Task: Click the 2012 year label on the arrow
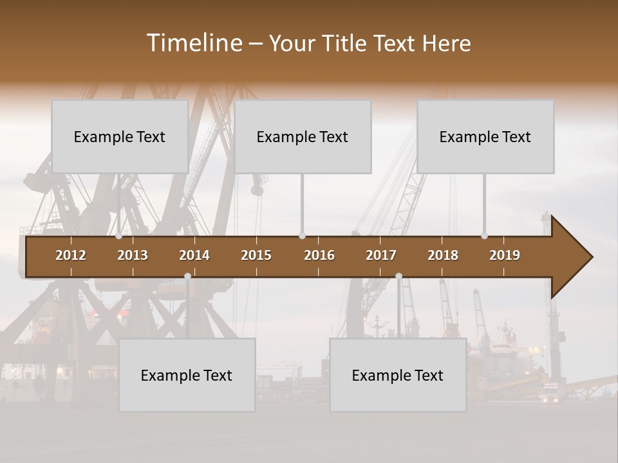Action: pos(71,255)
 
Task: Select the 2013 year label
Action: pos(133,255)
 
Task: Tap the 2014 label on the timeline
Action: pos(194,255)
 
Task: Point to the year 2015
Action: pos(256,255)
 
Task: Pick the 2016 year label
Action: pos(319,255)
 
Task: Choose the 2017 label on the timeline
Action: pos(381,255)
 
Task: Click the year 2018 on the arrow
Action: pos(443,255)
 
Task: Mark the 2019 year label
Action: pos(505,255)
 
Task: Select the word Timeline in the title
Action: pos(194,43)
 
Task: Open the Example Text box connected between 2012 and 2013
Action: pos(120,136)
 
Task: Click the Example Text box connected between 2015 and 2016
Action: pos(303,136)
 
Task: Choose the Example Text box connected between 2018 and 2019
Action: pos(485,136)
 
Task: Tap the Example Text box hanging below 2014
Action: pos(187,375)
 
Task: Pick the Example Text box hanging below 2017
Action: pos(398,375)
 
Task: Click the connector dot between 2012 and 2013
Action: pos(119,236)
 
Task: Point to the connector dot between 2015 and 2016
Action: pos(302,236)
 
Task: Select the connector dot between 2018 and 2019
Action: pos(485,236)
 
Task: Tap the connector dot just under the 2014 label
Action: pos(187,276)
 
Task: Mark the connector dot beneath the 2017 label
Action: pos(398,276)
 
